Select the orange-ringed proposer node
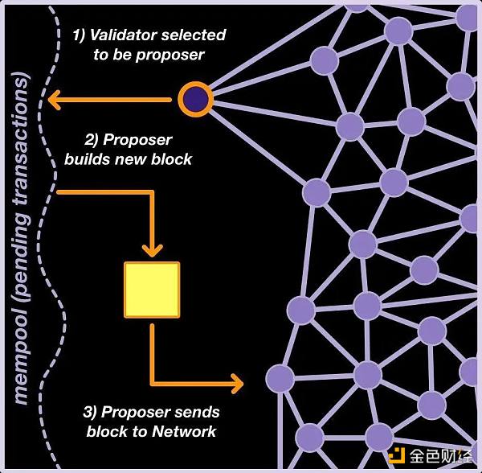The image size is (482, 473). click(x=194, y=100)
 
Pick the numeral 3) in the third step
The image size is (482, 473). click(x=92, y=412)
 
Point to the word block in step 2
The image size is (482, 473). click(x=174, y=158)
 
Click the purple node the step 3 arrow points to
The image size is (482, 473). click(x=280, y=379)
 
